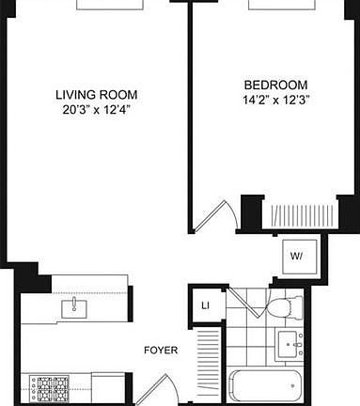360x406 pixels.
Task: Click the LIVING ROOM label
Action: tap(96, 94)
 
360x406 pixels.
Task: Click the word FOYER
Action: tap(161, 351)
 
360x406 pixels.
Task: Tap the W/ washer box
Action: tap(296, 256)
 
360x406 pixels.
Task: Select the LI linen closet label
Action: tap(204, 304)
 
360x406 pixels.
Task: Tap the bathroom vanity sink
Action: tap(290, 344)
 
